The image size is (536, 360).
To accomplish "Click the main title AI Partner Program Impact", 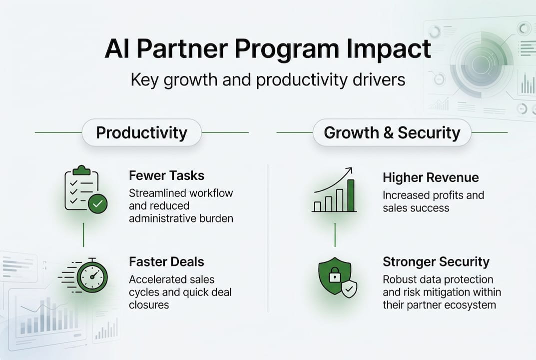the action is [x=268, y=49].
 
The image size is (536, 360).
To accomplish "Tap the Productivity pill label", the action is [x=141, y=133].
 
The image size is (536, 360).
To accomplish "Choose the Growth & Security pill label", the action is [x=392, y=133].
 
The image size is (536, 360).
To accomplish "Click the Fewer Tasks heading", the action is [x=166, y=175].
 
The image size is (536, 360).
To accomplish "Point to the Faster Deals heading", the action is [x=166, y=262].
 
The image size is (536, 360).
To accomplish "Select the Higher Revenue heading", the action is [x=431, y=177].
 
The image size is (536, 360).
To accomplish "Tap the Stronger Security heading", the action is [x=436, y=262].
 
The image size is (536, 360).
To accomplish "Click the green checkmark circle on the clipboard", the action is [x=98, y=203].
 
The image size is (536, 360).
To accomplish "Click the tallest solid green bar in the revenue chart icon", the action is [x=351, y=195].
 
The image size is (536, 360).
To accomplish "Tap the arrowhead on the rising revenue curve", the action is [x=349, y=169].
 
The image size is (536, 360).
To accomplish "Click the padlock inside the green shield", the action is [x=335, y=275].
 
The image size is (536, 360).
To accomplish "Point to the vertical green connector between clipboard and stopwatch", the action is [x=83, y=235].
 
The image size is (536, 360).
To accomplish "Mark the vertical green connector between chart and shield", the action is [x=335, y=235].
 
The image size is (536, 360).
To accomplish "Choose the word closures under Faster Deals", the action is [x=149, y=305].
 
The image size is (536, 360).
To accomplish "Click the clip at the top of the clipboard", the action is [x=82, y=170].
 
